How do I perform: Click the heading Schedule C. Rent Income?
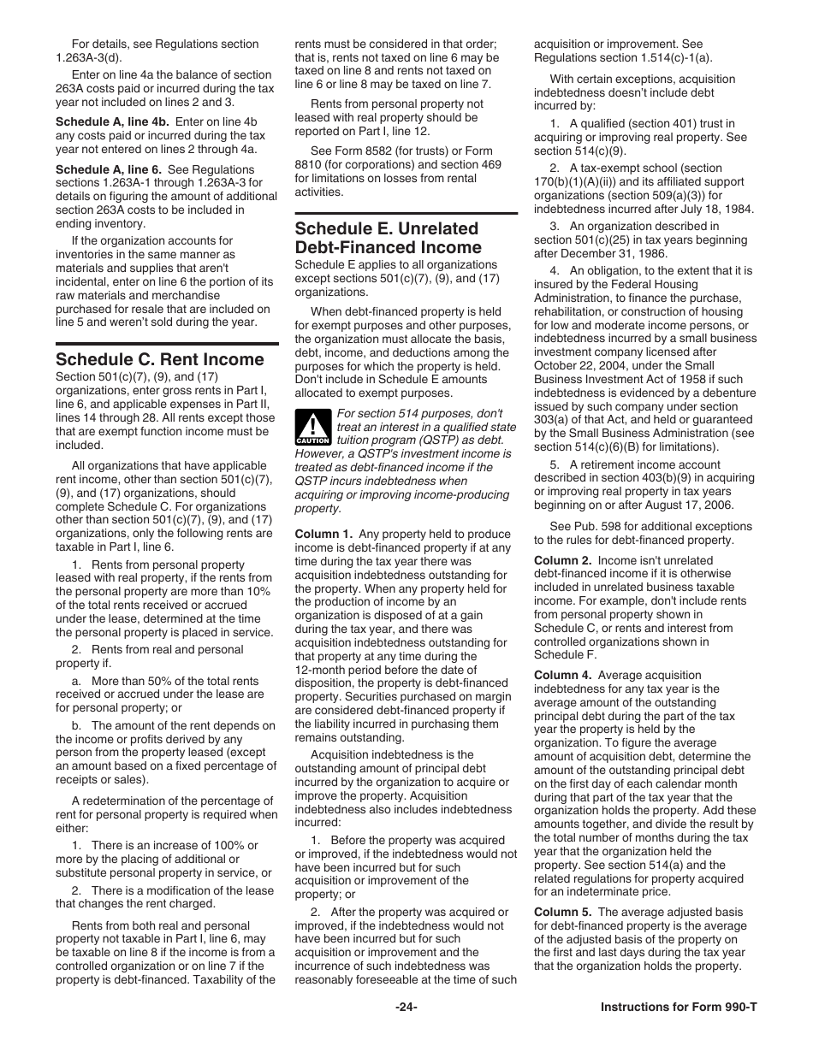point(159,359)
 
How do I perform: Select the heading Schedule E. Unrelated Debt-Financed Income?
point(387,238)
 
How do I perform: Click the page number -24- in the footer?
point(406,1007)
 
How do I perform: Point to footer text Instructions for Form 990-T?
point(679,1007)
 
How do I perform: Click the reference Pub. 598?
point(584,527)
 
